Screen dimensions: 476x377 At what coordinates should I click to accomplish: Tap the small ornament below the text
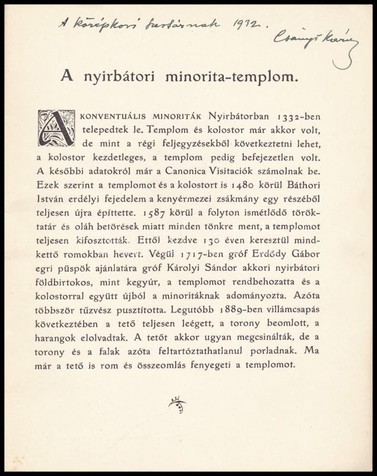tap(178, 404)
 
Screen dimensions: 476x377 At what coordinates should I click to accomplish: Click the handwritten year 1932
tap(245, 24)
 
